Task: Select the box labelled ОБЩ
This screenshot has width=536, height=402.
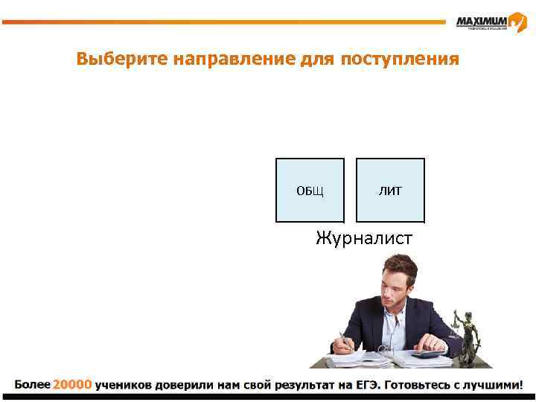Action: (x=310, y=191)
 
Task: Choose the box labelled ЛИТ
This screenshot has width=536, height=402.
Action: (x=390, y=191)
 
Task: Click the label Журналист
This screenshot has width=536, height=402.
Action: (x=364, y=238)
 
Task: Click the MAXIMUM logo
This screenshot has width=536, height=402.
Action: (x=491, y=22)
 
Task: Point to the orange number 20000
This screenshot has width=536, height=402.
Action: (x=72, y=385)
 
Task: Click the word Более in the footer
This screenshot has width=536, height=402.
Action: (x=32, y=385)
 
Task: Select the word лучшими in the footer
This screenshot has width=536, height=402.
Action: (x=495, y=385)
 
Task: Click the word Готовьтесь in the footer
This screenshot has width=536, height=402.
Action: (x=427, y=385)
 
